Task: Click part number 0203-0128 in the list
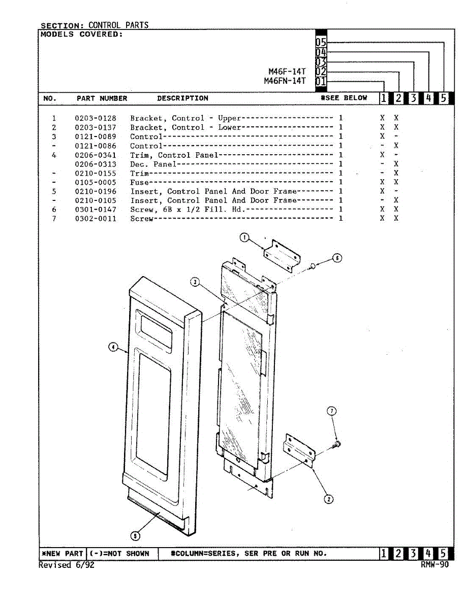tap(95, 118)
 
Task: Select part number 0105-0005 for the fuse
tap(95, 182)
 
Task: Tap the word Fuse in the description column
tap(140, 182)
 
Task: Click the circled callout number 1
tap(244, 237)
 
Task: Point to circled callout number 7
tap(332, 411)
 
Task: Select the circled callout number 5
tap(135, 535)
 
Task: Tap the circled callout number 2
tap(329, 499)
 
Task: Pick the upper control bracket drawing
tap(283, 255)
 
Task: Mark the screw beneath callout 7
tap(336, 445)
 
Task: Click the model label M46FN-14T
tap(285, 81)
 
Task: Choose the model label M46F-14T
tap(287, 72)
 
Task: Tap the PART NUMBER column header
tap(102, 98)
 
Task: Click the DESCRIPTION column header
tap(182, 98)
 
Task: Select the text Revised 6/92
tap(67, 565)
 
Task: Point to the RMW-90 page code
tap(434, 565)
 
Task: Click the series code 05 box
tap(321, 43)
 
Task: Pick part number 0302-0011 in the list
tap(95, 219)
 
